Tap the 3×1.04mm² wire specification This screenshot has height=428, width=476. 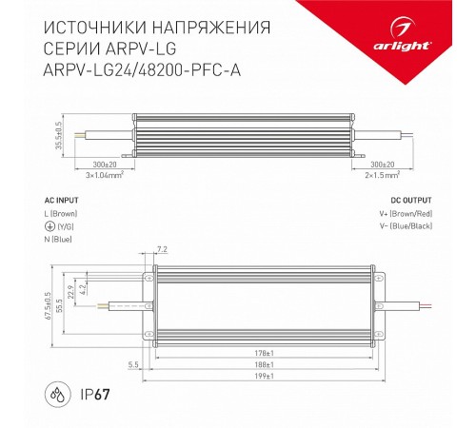pyautogui.click(x=105, y=175)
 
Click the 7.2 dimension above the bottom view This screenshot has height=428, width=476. pyautogui.click(x=161, y=249)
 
